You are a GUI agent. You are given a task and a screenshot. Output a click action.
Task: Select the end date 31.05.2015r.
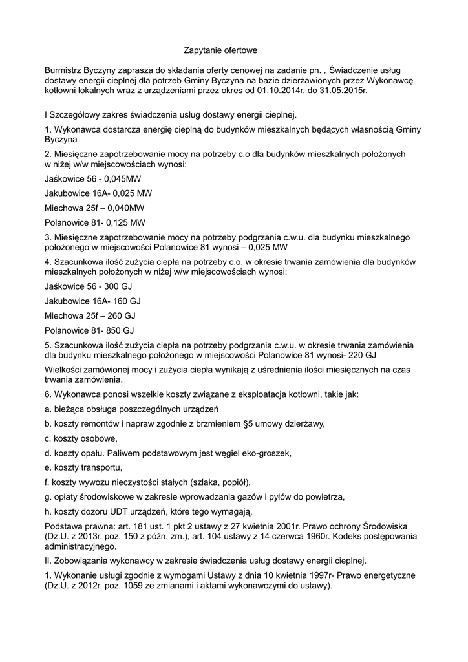click(x=342, y=91)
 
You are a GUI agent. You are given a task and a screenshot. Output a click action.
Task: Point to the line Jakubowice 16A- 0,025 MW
click(x=98, y=193)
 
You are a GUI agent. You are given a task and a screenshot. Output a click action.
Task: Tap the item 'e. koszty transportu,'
click(x=83, y=467)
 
